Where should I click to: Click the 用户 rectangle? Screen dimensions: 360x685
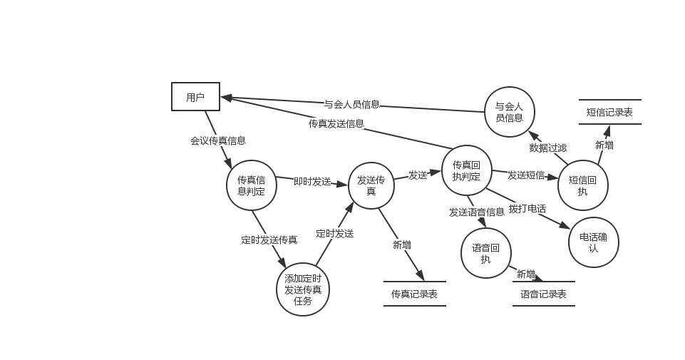pyautogui.click(x=195, y=97)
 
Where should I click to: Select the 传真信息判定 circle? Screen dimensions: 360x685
pyautogui.click(x=252, y=185)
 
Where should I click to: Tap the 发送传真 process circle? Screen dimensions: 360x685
pyautogui.click(x=371, y=185)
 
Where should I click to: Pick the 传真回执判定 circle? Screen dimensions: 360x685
pyautogui.click(x=466, y=171)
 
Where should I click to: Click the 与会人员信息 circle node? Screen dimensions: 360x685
pyautogui.click(x=509, y=113)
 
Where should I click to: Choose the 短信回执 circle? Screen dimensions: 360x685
pyautogui.click(x=583, y=185)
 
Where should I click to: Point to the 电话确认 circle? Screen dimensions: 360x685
pyautogui.click(x=594, y=242)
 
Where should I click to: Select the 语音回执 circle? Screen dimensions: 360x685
pyautogui.click(x=486, y=253)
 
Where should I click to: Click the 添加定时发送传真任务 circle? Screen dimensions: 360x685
pyautogui.click(x=303, y=289)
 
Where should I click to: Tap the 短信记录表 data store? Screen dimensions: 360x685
pyautogui.click(x=609, y=112)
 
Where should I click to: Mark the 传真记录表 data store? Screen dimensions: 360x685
pyautogui.click(x=414, y=294)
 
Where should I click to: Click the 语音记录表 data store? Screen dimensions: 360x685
pyautogui.click(x=543, y=294)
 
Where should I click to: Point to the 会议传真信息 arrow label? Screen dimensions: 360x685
pyautogui.click(x=218, y=140)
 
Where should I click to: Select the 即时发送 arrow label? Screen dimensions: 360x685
pyautogui.click(x=312, y=181)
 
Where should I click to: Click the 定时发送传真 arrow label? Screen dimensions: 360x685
pyautogui.click(x=269, y=240)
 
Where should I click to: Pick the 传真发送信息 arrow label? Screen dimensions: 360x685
pyautogui.click(x=336, y=123)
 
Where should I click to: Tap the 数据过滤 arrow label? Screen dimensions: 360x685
pyautogui.click(x=548, y=148)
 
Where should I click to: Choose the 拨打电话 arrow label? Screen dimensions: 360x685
pyautogui.click(x=527, y=209)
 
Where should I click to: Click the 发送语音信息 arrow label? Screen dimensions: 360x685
pyautogui.click(x=477, y=212)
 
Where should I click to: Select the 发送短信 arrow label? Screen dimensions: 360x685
pyautogui.click(x=526, y=175)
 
